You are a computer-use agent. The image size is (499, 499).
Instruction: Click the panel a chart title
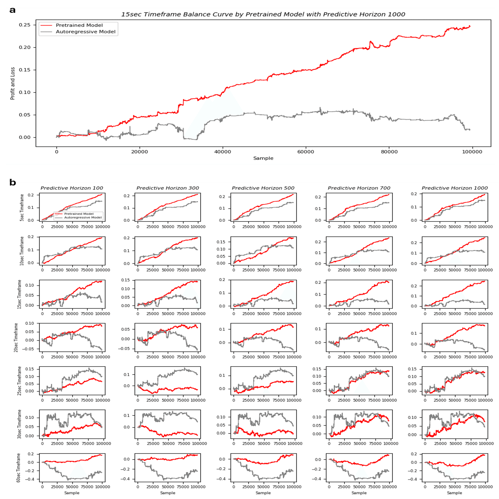click(x=263, y=14)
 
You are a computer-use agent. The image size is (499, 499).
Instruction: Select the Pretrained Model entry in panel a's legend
click(x=79, y=25)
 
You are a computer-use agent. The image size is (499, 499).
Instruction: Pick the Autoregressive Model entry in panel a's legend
click(x=85, y=32)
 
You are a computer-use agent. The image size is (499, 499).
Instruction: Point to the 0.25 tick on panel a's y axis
click(x=25, y=25)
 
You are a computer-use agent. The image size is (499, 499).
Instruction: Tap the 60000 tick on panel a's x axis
click(x=306, y=152)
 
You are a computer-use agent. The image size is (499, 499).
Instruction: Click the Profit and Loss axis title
click(x=12, y=83)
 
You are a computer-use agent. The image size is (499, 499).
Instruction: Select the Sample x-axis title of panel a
click(x=263, y=158)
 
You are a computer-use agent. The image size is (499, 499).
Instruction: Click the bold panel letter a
click(x=12, y=10)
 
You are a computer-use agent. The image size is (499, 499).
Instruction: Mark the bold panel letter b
click(x=12, y=183)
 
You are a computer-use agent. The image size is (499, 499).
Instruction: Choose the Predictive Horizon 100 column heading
click(x=72, y=188)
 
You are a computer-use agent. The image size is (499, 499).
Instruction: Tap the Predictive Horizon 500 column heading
click(x=263, y=188)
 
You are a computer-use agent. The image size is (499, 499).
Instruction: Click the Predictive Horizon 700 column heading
click(x=359, y=188)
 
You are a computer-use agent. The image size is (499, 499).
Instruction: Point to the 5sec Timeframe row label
click(x=22, y=207)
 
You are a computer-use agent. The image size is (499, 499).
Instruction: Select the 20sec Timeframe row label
click(x=16, y=337)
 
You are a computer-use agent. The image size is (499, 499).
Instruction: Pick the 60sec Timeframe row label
click(x=18, y=468)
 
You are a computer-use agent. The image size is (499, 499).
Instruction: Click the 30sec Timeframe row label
click(x=19, y=424)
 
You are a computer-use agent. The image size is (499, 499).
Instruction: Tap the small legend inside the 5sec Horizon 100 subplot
click(x=78, y=215)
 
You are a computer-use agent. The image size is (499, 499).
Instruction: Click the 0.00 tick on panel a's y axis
click(x=25, y=137)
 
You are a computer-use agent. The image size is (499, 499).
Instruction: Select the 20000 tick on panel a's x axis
click(x=139, y=152)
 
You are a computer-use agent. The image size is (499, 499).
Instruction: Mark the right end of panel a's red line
click(x=470, y=26)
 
